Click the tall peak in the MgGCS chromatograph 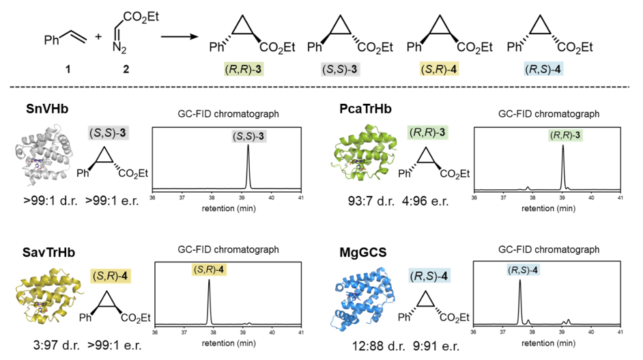point(520,301)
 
